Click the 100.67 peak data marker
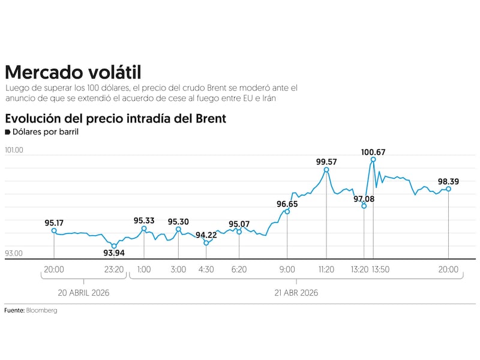pyautogui.click(x=373, y=159)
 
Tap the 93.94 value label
pyautogui.click(x=114, y=253)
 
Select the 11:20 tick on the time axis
pyautogui.click(x=326, y=269)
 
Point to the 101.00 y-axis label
pyautogui.click(x=14, y=150)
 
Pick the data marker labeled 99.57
pyautogui.click(x=326, y=170)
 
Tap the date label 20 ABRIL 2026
pyautogui.click(x=83, y=293)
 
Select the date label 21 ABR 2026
pyautogui.click(x=295, y=293)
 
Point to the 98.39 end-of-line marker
pyautogui.click(x=449, y=189)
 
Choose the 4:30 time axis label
pyautogui.click(x=206, y=269)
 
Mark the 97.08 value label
pyautogui.click(x=364, y=199)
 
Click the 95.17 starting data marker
pyautogui.click(x=54, y=230)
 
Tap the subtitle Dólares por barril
pyautogui.click(x=45, y=131)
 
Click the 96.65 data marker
pyautogui.click(x=287, y=212)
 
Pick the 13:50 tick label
pyautogui.click(x=380, y=269)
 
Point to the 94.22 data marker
pyautogui.click(x=206, y=243)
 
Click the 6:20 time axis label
pyautogui.click(x=239, y=269)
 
